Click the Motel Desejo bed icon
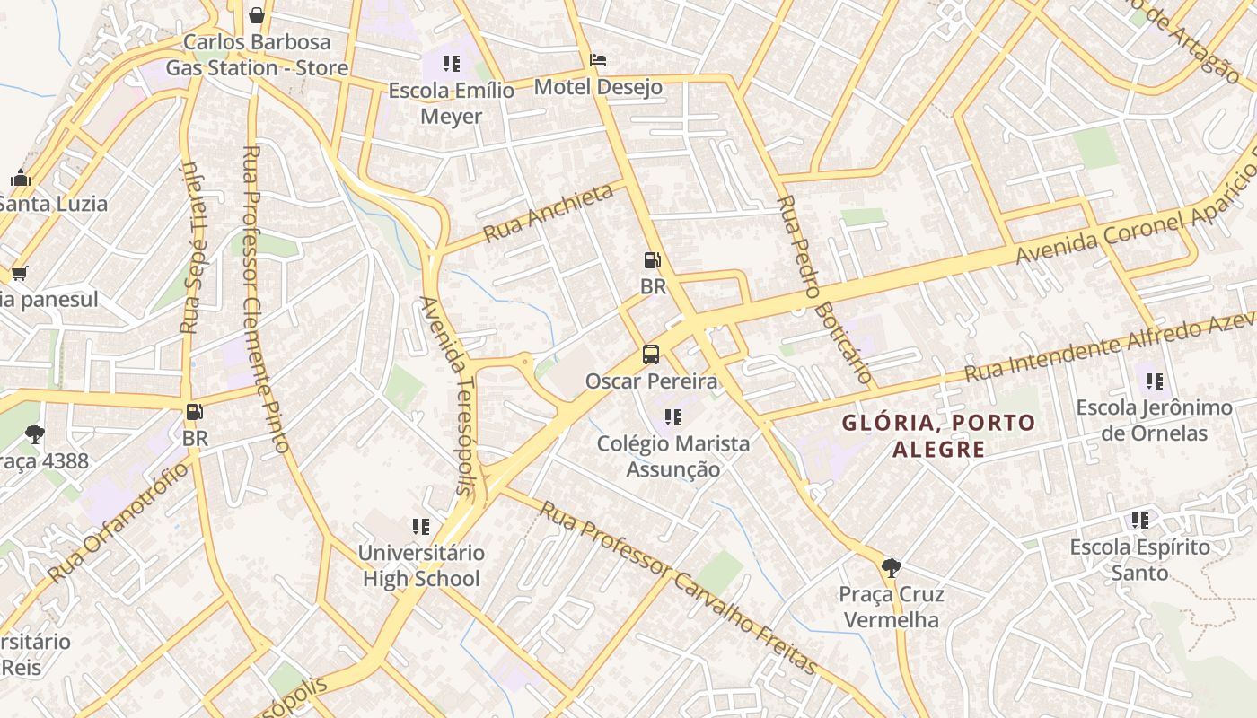pos(598,61)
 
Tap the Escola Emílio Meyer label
pos(452,103)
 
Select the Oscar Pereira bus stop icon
pos(651,355)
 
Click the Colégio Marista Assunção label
pos(673,456)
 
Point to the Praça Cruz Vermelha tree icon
pos(891,567)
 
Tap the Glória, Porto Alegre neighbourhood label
pos(938,435)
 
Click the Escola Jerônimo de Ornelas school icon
pos(1155,381)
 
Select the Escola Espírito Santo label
pos(1140,559)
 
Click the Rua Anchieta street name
pos(549,213)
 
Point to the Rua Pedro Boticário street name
pos(824,289)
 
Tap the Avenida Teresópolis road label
pos(446,395)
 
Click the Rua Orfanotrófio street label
pos(119,521)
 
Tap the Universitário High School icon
pos(421,526)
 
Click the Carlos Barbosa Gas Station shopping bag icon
pos(257,15)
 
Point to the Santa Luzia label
pos(54,204)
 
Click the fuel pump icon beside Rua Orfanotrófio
pos(194,413)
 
